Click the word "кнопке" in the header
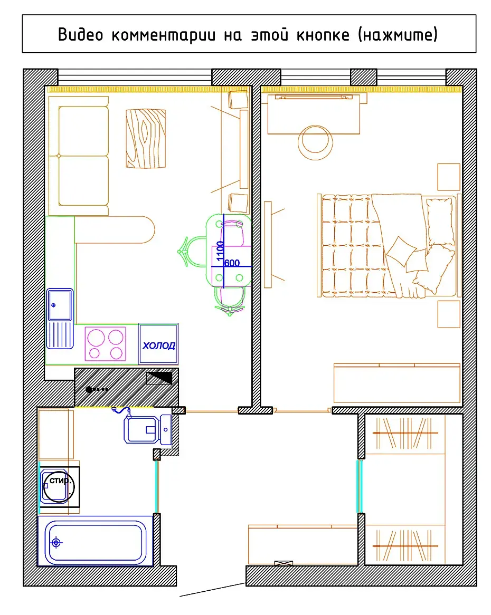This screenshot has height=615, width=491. pos(323,34)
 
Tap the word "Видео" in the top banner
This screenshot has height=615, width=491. pos(80,34)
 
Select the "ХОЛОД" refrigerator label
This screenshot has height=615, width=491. pos(158,345)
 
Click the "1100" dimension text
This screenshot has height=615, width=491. pos(220,251)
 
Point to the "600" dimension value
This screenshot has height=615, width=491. pos(232,263)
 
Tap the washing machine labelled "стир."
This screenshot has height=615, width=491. pos(60,487)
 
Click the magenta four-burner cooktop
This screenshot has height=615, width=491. pos(105,344)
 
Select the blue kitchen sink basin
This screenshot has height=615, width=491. pos(60,305)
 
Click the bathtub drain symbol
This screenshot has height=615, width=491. pos(56,542)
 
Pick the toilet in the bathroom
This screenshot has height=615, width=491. pos(147,429)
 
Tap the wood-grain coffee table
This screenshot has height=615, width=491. pos(146,139)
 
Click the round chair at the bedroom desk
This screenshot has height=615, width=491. pos(315,142)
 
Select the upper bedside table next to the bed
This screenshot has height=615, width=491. pos(449,177)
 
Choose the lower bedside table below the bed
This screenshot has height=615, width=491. pos(449,314)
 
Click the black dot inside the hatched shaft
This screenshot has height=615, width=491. pos(89,389)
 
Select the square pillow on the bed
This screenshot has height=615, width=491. pos(401,251)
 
